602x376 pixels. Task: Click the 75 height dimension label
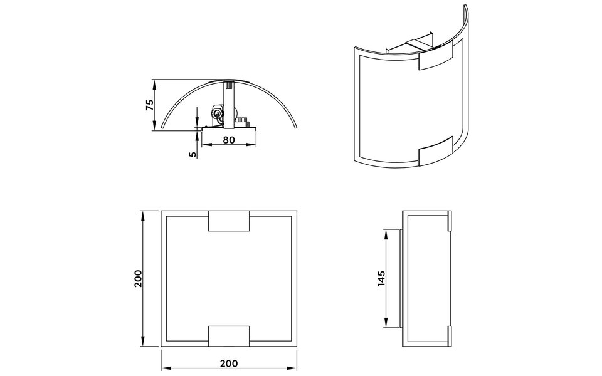149,105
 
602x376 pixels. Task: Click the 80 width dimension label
229,140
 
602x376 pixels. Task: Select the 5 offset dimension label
193,151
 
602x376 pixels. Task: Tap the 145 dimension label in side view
381,278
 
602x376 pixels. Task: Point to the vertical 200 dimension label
139,278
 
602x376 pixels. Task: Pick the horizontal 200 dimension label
229,363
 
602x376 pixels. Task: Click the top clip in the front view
229,222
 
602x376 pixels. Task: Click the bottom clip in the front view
229,336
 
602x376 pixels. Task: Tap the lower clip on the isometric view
435,154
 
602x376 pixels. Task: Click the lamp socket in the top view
217,113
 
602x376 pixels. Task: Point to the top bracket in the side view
449,220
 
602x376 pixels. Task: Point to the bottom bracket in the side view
449,337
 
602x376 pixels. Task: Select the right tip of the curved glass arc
296,127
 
